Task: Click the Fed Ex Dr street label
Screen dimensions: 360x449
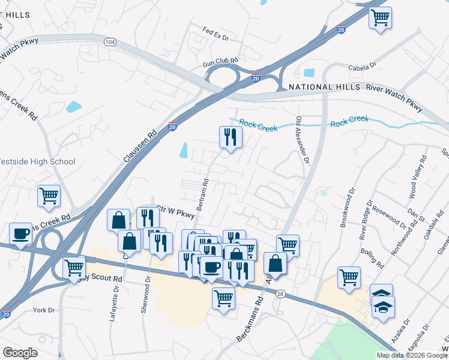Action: (216, 34)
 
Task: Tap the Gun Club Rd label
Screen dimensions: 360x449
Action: (220, 61)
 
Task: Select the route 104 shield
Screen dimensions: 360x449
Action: (109, 42)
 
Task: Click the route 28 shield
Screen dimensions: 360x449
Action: (280, 293)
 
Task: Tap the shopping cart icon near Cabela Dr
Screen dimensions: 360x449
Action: (380, 17)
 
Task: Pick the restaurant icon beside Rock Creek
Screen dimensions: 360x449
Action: (230, 137)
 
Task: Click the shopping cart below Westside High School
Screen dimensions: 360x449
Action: (49, 195)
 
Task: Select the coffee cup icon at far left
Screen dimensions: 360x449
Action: (21, 233)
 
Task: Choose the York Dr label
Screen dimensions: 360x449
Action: (44, 310)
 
